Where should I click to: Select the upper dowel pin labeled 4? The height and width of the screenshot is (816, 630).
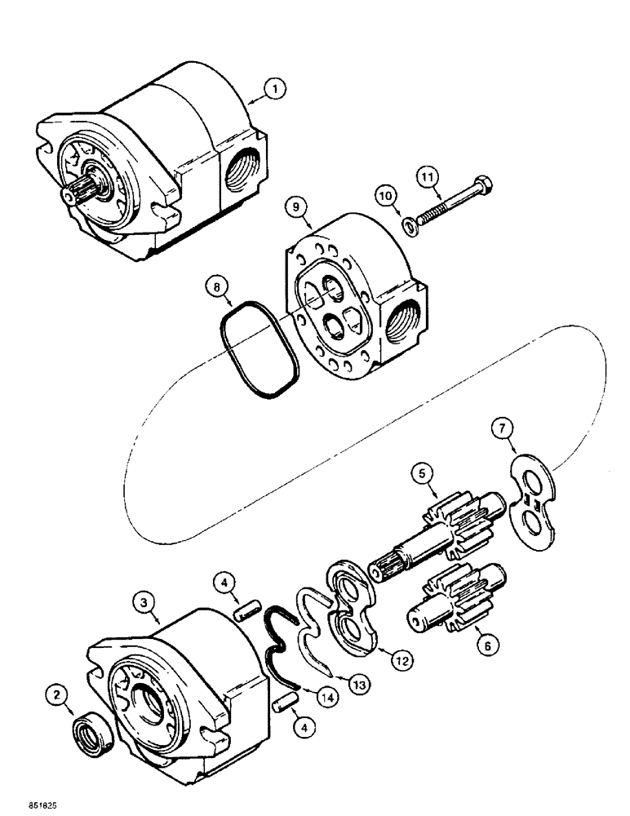click(x=248, y=611)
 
